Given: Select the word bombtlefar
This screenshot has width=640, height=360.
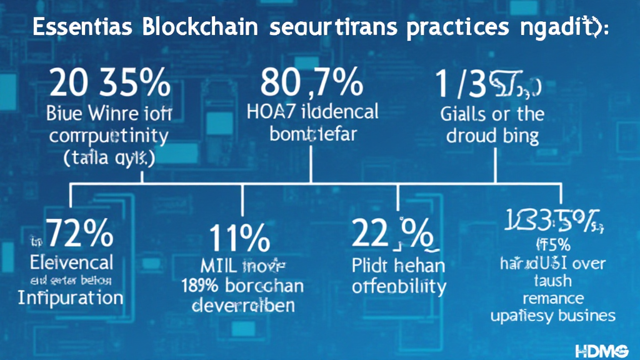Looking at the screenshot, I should tap(312, 135).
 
